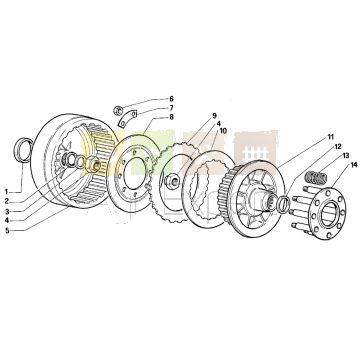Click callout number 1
coord(6,192)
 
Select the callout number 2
coord(6,201)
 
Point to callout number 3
coord(6,211)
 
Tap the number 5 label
coord(7,231)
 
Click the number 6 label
coord(171,99)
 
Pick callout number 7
coord(171,108)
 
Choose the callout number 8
coord(171,117)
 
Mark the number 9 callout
coord(215,116)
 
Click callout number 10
coord(223,131)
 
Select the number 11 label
coord(330,137)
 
